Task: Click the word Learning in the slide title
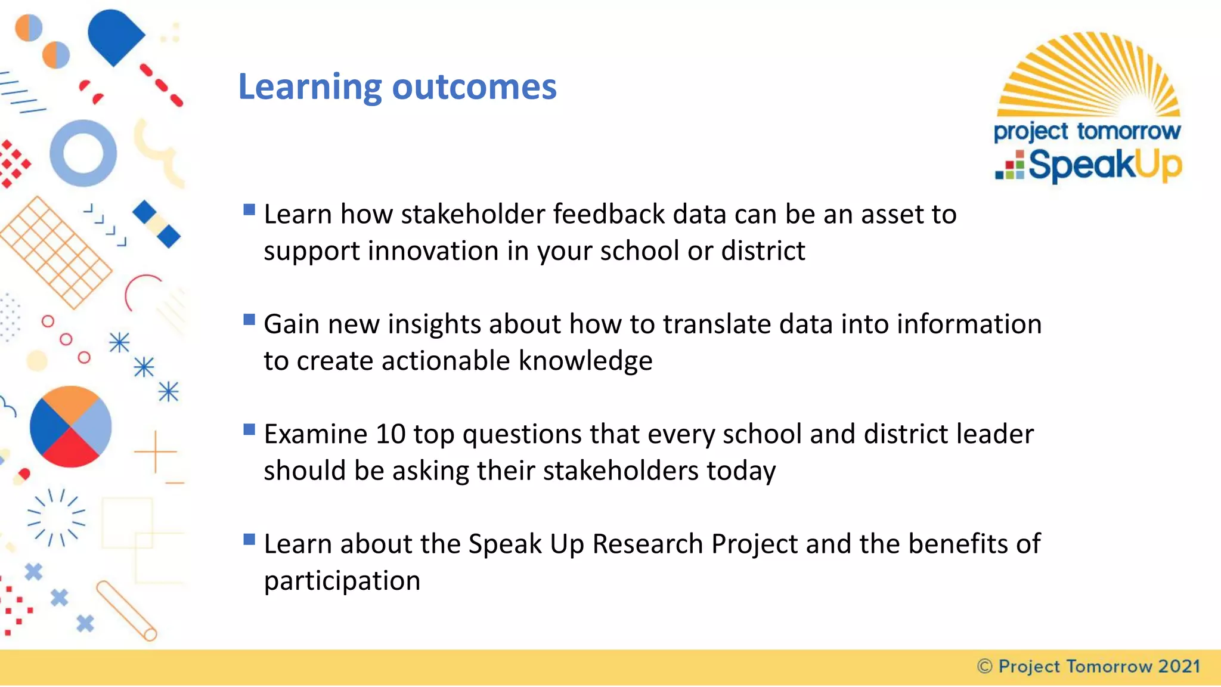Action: tap(309, 88)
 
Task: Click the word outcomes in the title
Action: tap(474, 88)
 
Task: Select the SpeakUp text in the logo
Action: tap(1104, 165)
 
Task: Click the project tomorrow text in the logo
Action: tap(1087, 131)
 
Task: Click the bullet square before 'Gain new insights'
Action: tap(249, 320)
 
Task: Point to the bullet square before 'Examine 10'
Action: tap(249, 429)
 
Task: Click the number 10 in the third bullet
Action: tap(391, 434)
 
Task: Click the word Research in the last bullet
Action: tap(647, 544)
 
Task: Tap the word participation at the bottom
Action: tap(342, 581)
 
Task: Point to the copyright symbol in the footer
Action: tap(985, 667)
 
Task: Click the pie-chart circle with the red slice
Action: tap(70, 426)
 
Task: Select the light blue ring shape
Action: tap(83, 153)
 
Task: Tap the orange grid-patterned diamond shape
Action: tap(55, 253)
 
